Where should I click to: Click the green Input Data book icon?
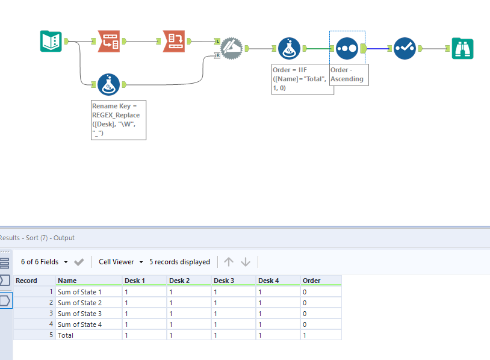(x=51, y=41)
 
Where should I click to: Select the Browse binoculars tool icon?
(x=463, y=48)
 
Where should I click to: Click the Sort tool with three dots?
(x=347, y=48)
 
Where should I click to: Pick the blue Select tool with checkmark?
(x=405, y=48)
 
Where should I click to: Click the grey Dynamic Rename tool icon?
(x=231, y=48)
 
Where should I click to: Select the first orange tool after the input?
(x=109, y=41)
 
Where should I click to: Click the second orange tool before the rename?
(x=174, y=41)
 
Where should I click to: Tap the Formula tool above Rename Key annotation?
(x=108, y=85)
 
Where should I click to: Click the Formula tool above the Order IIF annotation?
(x=289, y=48)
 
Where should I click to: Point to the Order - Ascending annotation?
(x=349, y=75)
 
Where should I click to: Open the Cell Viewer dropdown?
(x=121, y=262)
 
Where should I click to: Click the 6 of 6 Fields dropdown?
(x=45, y=262)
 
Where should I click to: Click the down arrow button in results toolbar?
(x=246, y=262)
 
